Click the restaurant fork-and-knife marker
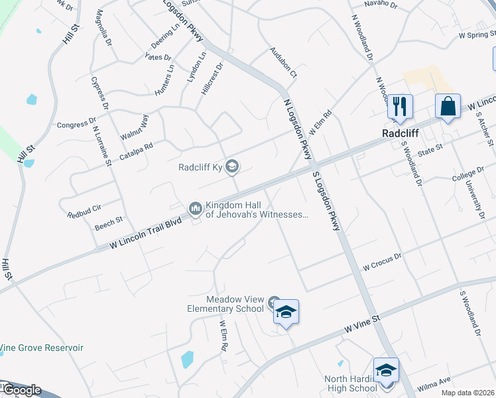(x=400, y=106)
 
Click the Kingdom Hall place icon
(x=195, y=209)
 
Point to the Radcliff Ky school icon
(x=231, y=166)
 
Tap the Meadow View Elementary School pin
(x=286, y=312)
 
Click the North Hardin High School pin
(x=386, y=371)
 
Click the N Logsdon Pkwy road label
(x=296, y=129)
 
